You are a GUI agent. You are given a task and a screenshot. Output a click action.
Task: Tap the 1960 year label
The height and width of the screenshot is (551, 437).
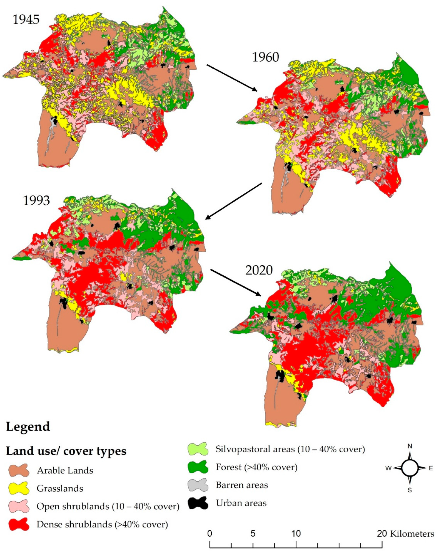(x=265, y=57)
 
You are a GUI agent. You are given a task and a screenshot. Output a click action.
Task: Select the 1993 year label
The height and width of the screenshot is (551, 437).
(x=36, y=201)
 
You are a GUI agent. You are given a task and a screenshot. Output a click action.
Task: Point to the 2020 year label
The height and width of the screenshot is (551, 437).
(x=259, y=270)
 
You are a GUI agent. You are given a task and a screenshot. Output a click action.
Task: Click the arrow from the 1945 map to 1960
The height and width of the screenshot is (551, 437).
(x=232, y=78)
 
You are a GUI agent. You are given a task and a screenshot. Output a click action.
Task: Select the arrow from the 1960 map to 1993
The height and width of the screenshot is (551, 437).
(x=234, y=201)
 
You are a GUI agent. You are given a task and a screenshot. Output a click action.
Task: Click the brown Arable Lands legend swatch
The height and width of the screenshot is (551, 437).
(x=19, y=470)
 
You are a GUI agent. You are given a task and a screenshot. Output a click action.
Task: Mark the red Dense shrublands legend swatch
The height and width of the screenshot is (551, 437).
(x=19, y=524)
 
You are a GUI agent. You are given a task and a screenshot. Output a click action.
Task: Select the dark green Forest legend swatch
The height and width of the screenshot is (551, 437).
(x=198, y=467)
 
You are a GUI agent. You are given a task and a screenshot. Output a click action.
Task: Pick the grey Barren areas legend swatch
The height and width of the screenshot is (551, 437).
(x=198, y=485)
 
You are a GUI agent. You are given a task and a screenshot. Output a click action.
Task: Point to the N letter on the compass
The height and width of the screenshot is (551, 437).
(x=410, y=446)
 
